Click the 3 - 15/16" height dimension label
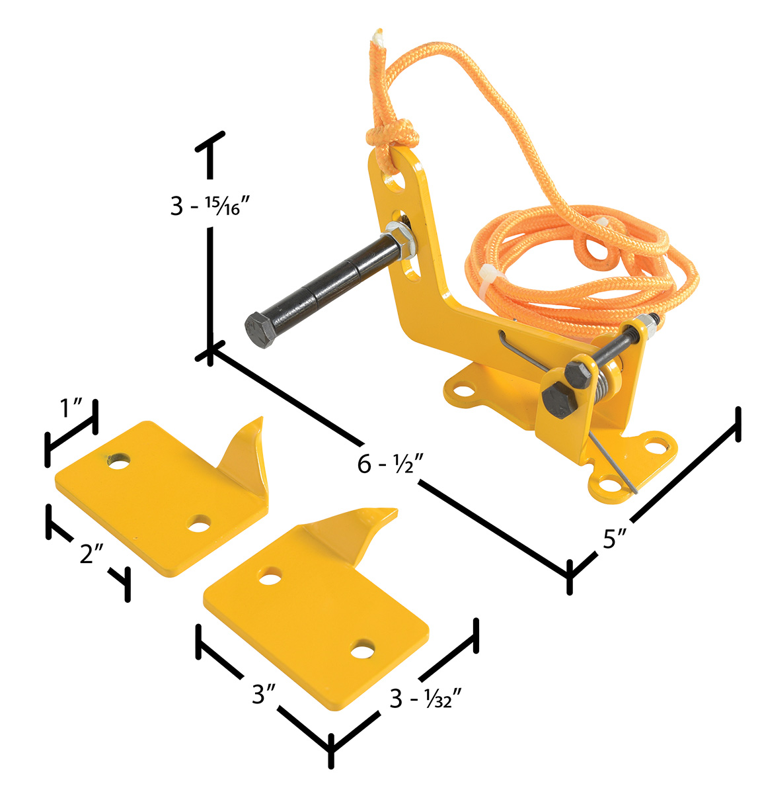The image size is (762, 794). [210, 206]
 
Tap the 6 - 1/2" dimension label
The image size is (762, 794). [391, 464]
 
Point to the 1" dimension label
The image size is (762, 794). [72, 408]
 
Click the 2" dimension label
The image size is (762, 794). [91, 553]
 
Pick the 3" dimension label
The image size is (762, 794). [264, 693]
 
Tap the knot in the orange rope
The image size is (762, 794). [392, 134]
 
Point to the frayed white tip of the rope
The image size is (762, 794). [377, 36]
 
